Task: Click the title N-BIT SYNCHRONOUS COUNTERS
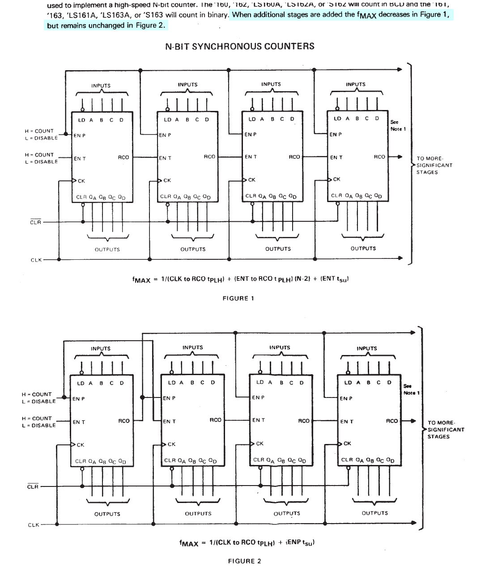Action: [240, 46]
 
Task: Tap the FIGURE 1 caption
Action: [238, 298]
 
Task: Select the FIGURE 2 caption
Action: [244, 561]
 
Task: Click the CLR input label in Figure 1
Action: [36, 222]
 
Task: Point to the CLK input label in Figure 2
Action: [34, 525]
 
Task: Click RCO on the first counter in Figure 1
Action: [123, 157]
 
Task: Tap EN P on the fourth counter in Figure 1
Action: [336, 134]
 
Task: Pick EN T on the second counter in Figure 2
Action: [169, 421]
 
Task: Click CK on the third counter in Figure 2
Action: [260, 444]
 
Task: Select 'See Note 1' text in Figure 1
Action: [398, 126]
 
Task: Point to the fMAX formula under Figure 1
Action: [240, 279]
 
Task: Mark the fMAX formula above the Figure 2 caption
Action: [247, 543]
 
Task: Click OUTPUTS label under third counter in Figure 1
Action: [278, 249]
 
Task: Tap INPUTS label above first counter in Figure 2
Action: [101, 348]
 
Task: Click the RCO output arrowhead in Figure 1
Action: [400, 157]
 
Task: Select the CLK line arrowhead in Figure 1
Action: [400, 258]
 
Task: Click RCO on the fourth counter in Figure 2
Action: [392, 421]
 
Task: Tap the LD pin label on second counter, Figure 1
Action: [168, 119]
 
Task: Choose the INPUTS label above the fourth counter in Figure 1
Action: [356, 84]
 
